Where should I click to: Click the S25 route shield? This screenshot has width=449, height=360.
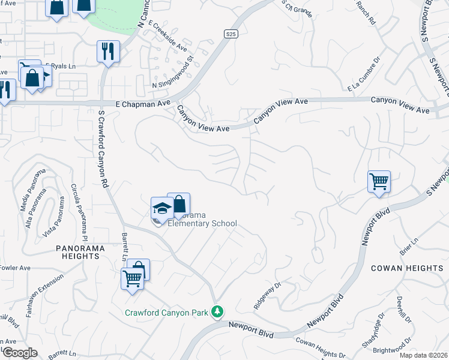[x=231, y=35]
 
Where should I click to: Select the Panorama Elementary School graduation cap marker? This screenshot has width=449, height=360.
[x=161, y=208]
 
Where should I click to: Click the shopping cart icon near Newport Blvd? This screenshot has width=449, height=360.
[x=379, y=181]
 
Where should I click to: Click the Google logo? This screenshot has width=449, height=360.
[x=20, y=352]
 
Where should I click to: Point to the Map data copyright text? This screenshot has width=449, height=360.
[x=423, y=355]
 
